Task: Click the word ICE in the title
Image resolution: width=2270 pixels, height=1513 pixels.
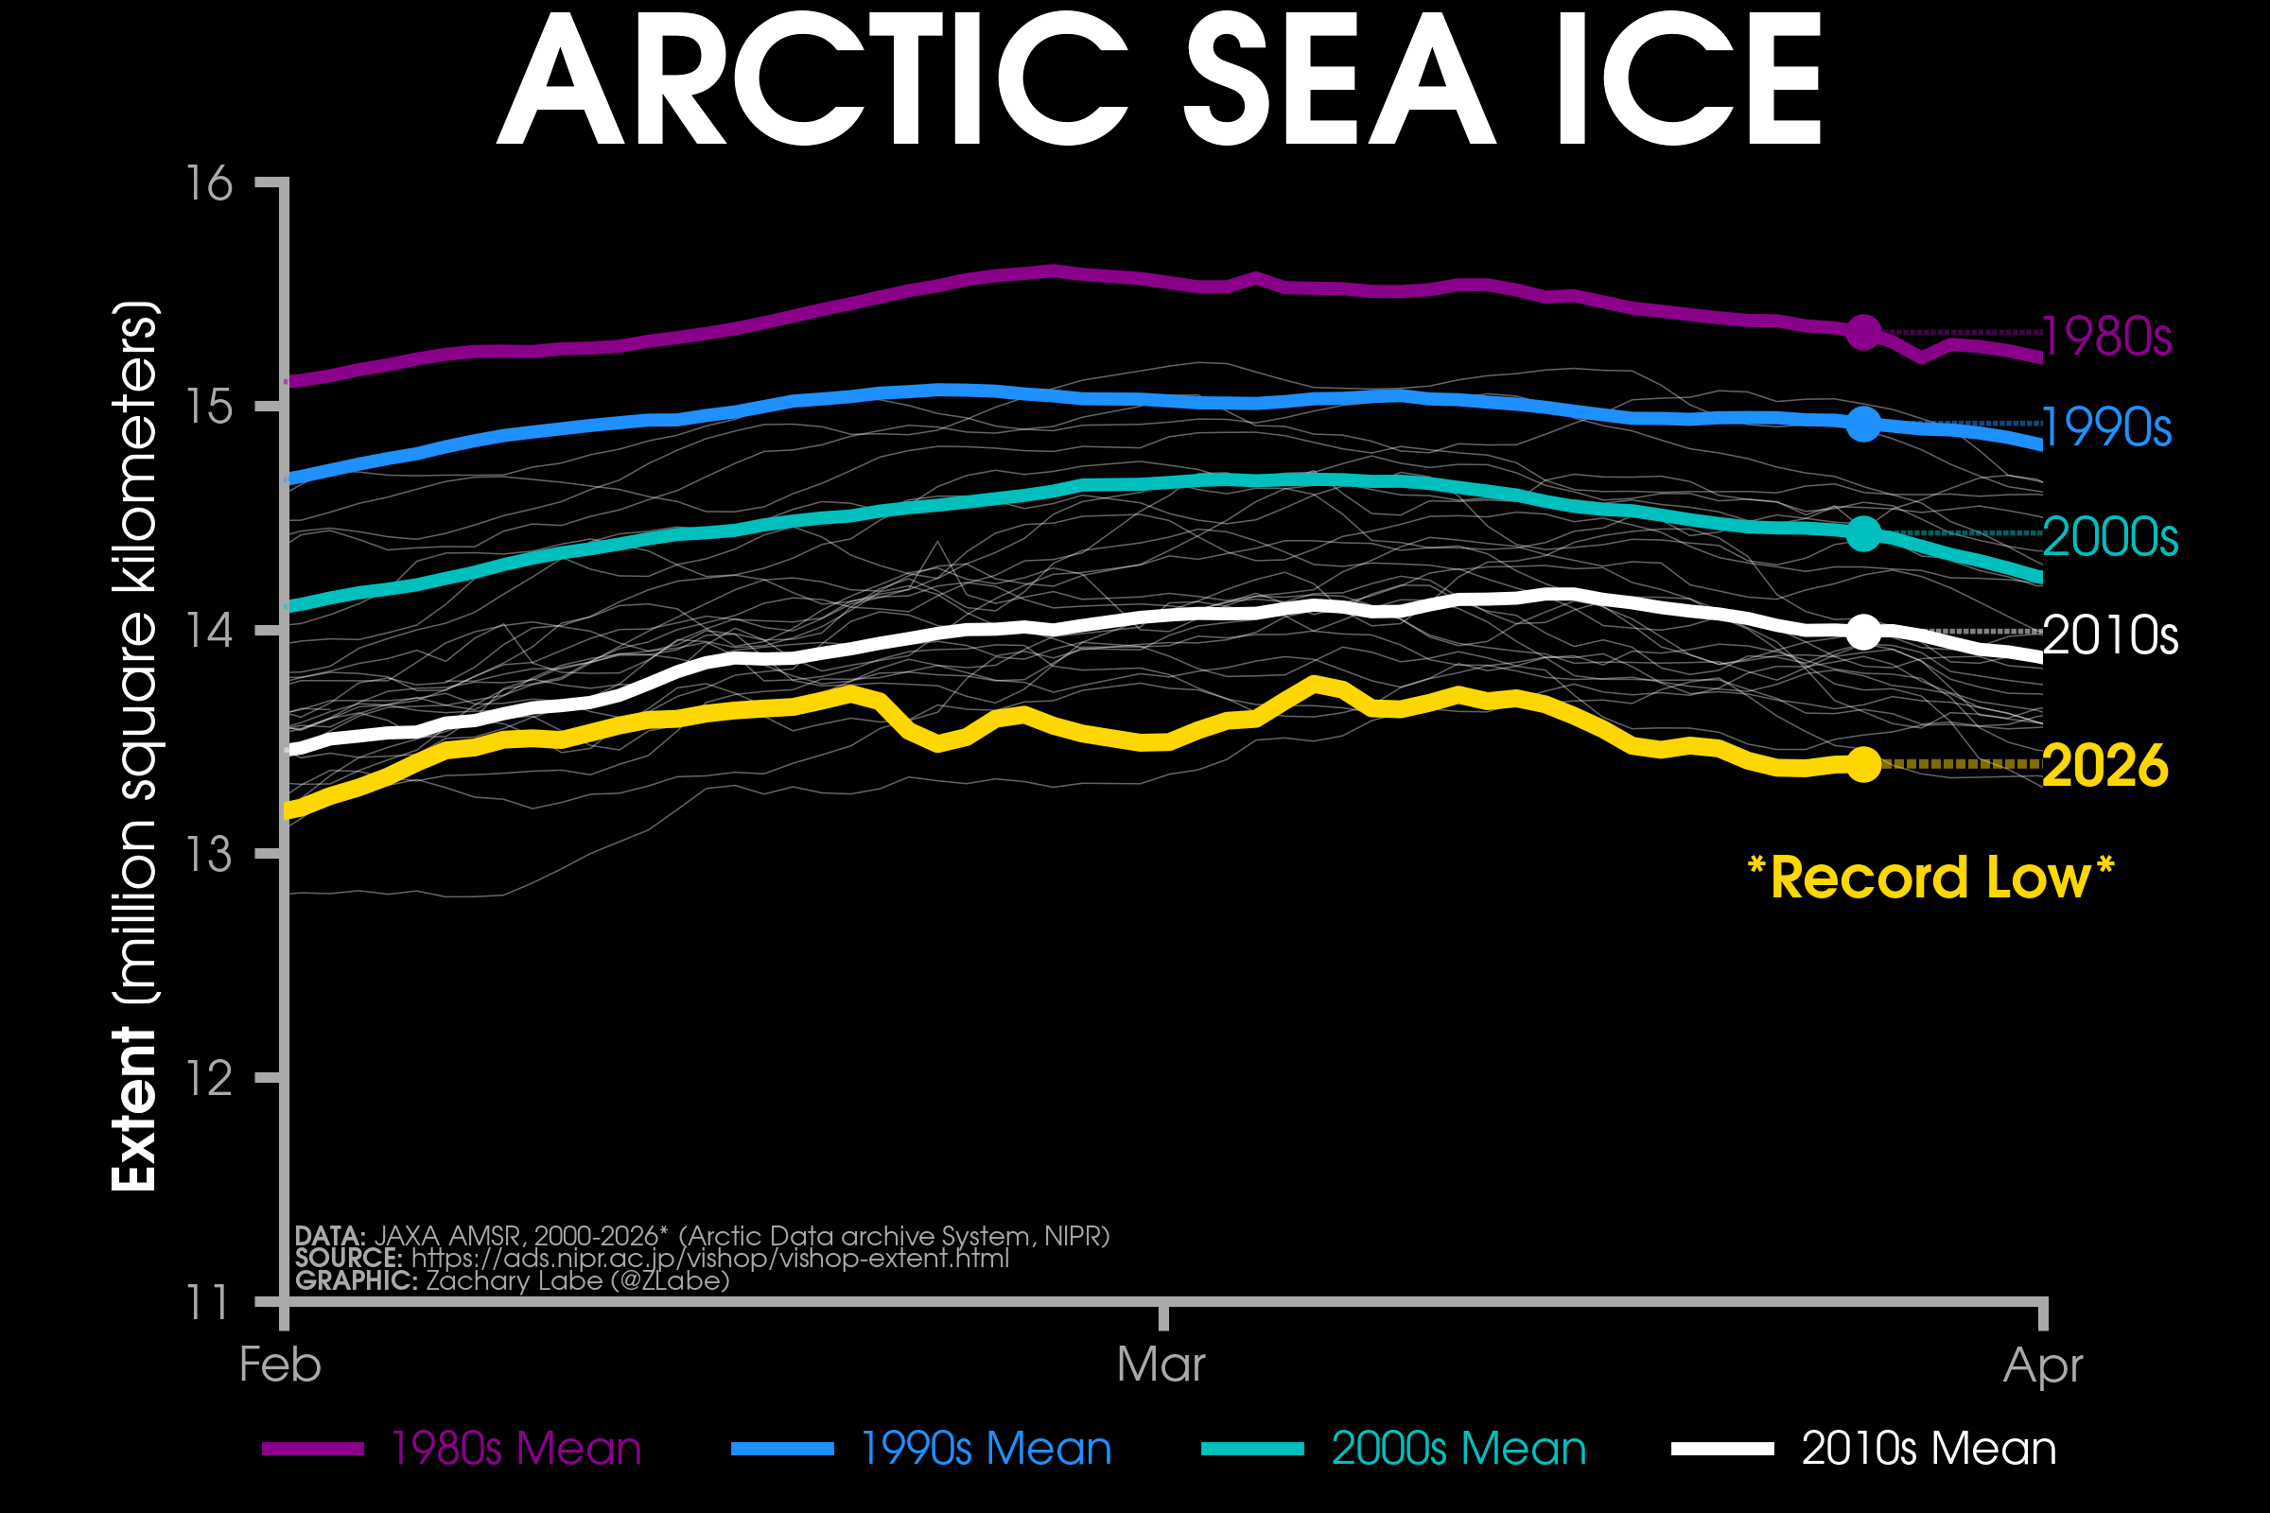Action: click(x=1687, y=80)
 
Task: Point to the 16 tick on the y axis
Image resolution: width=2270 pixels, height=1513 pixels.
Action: click(x=209, y=183)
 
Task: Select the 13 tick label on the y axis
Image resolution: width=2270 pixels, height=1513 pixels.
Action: click(x=209, y=854)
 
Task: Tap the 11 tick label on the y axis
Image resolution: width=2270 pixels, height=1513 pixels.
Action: click(x=209, y=1302)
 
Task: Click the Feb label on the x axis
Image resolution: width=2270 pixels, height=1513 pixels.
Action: click(x=280, y=1365)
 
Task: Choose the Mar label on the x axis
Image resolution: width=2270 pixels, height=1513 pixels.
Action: click(x=1161, y=1365)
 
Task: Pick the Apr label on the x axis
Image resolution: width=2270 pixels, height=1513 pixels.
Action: click(x=2042, y=1365)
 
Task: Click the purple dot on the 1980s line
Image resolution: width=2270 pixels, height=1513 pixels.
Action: click(x=1863, y=333)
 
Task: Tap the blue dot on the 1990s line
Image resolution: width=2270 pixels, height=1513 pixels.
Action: click(x=1863, y=424)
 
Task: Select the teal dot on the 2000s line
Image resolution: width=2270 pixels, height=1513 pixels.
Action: click(x=1863, y=533)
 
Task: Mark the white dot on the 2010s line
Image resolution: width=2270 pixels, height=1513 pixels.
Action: click(x=1863, y=632)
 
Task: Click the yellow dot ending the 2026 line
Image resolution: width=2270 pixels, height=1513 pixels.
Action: click(x=1863, y=764)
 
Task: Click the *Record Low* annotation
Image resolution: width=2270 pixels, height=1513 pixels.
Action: click(x=1930, y=878)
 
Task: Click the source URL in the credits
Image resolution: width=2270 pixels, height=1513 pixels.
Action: click(x=709, y=1259)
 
